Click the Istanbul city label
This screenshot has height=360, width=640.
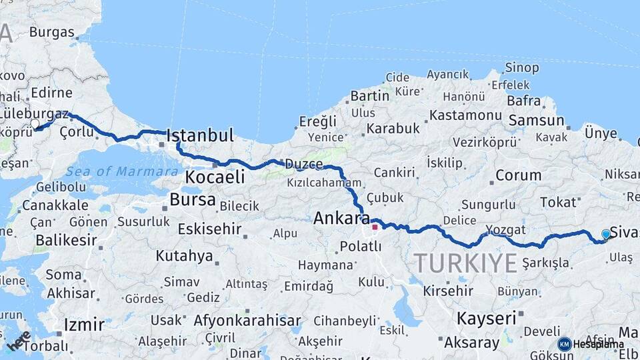point(200,136)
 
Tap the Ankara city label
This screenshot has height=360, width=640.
point(341,218)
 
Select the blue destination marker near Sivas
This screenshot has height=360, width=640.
point(605,234)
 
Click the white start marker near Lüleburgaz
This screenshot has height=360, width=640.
point(35,123)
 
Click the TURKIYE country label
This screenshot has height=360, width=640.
point(465,263)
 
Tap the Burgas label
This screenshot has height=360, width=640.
point(51,32)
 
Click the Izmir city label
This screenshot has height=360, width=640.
point(84,325)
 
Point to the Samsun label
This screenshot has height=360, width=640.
point(536,121)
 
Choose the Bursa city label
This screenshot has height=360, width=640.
point(193,199)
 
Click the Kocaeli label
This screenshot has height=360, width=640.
point(215,177)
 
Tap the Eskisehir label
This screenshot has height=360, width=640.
point(209,229)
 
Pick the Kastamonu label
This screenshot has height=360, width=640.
point(465,115)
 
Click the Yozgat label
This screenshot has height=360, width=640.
point(505,230)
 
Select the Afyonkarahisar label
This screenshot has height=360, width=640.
point(247,321)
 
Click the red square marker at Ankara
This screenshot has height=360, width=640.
point(375,227)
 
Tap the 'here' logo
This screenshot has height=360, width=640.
point(19,340)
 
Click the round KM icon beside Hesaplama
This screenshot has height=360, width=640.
point(565,344)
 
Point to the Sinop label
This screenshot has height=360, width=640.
point(522,67)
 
